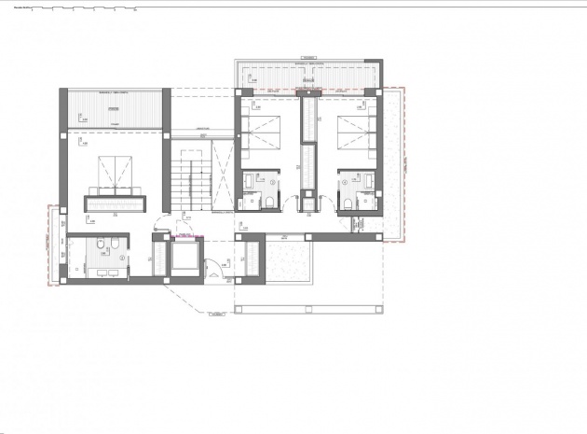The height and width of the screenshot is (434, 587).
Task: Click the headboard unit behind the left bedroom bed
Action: [116, 201]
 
